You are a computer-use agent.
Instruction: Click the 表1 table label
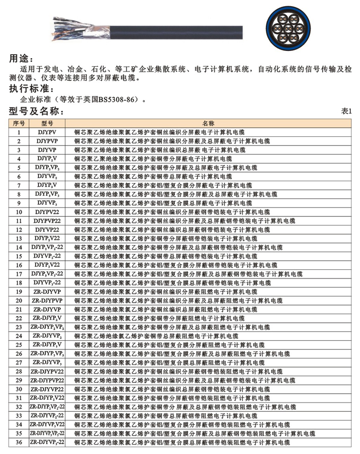(x=346, y=111)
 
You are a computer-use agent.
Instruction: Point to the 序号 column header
(x=19, y=124)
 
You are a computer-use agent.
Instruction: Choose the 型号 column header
(x=47, y=124)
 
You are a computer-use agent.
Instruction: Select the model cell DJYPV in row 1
(x=47, y=132)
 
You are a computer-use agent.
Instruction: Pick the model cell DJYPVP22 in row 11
(x=47, y=220)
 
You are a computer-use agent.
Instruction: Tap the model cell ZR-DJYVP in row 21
(x=47, y=309)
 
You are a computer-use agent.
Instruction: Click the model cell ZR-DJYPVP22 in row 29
(x=47, y=380)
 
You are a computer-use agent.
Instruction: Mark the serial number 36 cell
(x=19, y=442)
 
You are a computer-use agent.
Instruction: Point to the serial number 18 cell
(x=19, y=283)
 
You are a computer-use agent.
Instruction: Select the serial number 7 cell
(x=19, y=185)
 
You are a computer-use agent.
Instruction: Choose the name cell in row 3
(x=160, y=150)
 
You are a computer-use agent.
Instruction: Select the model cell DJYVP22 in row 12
(x=47, y=230)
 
